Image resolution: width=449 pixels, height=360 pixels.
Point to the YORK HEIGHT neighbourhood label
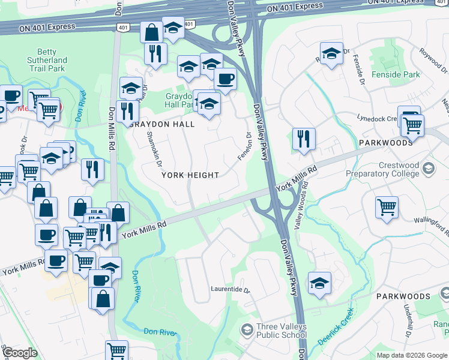[x=189, y=175]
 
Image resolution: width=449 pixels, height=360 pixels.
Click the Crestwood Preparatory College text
[x=382, y=169]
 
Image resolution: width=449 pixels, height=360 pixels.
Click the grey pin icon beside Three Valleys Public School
[x=246, y=329]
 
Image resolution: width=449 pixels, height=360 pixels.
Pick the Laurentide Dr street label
[x=229, y=289]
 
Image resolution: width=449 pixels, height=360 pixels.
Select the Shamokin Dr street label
[x=154, y=149]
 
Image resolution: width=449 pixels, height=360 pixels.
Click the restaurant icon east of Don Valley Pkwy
[x=304, y=139]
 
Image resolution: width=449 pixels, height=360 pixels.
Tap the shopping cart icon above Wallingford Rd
[x=387, y=207]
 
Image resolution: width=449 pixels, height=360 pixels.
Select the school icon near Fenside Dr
[x=331, y=53]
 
